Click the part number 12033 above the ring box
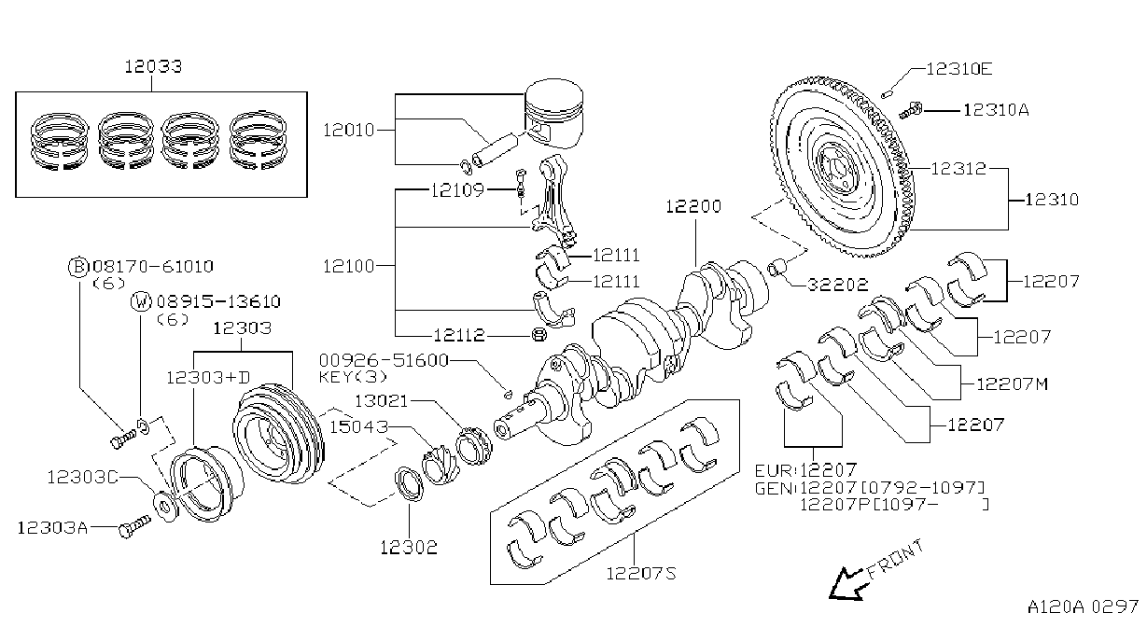point(153,66)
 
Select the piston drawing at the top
point(554,114)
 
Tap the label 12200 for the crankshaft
point(693,206)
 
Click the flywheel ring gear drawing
point(843,167)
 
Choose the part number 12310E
point(959,69)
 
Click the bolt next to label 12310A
point(911,110)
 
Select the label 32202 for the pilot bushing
point(838,284)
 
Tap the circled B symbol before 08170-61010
point(77,267)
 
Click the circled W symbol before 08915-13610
point(141,301)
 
